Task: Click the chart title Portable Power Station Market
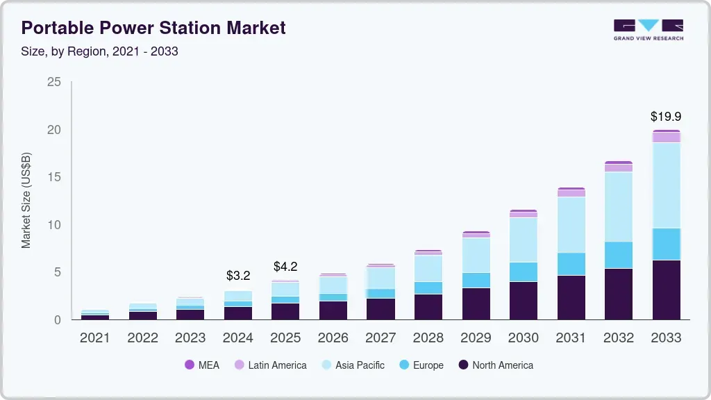(x=153, y=28)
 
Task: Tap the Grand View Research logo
(x=648, y=30)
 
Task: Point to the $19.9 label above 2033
(x=666, y=117)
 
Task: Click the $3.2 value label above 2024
(x=238, y=276)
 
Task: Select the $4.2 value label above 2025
(x=285, y=267)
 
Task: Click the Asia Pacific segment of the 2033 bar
(x=666, y=185)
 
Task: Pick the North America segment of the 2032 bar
(x=619, y=294)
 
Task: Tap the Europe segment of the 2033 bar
(x=666, y=244)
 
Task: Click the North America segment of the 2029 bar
(x=476, y=303)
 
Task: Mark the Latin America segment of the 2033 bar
(x=666, y=137)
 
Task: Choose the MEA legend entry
(x=202, y=365)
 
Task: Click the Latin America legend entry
(x=270, y=365)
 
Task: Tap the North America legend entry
(x=496, y=365)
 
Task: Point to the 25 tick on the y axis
(x=53, y=83)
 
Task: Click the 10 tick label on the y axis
(x=53, y=225)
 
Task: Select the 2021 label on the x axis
(x=95, y=338)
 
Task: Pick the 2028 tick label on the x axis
(x=428, y=338)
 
